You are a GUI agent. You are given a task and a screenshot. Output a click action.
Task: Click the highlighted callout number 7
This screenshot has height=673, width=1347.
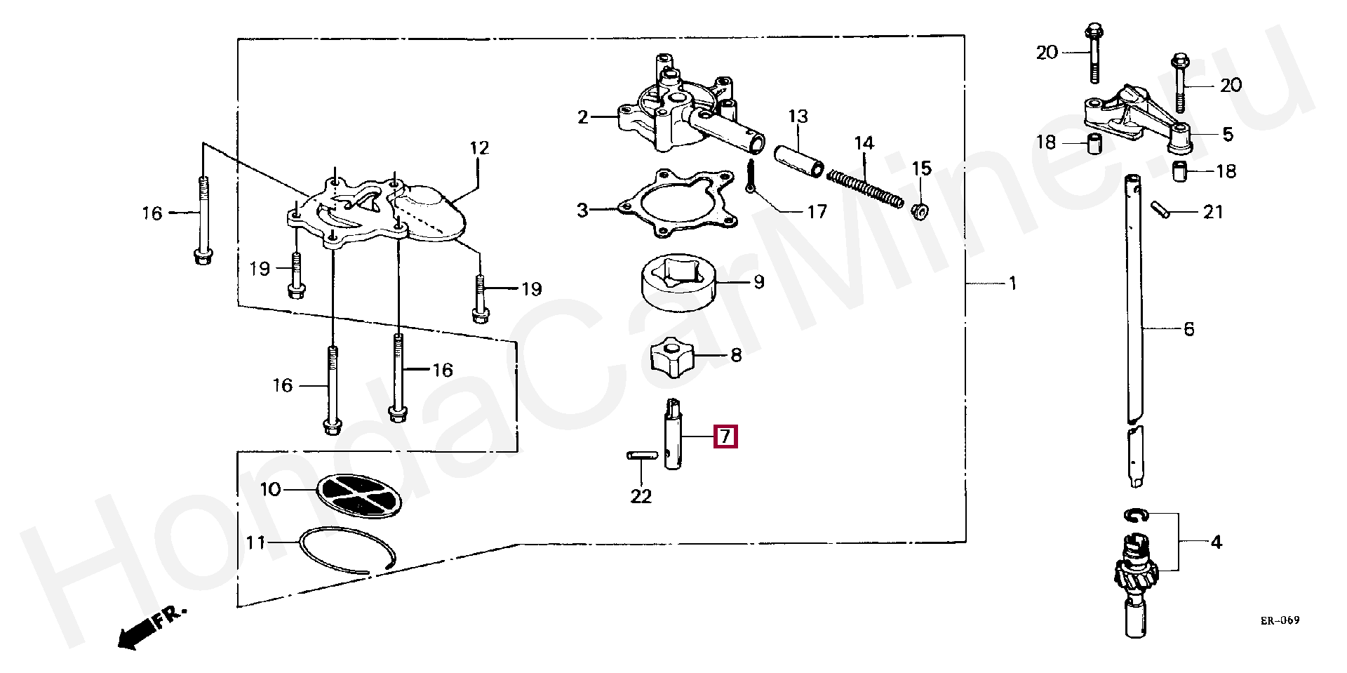pos(725,437)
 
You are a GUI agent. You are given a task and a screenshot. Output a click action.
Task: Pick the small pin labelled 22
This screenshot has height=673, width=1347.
pos(641,455)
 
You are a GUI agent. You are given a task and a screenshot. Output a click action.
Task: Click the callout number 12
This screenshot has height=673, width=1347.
pos(479,148)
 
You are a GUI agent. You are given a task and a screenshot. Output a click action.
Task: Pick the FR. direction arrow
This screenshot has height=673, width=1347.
pos(150,629)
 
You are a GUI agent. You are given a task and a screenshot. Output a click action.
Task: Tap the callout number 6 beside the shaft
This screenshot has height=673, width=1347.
pos(1188,328)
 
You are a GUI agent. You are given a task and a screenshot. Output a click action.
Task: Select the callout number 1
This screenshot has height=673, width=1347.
pos(1012,284)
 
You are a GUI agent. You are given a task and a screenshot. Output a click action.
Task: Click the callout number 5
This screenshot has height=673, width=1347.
pos(1227,134)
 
